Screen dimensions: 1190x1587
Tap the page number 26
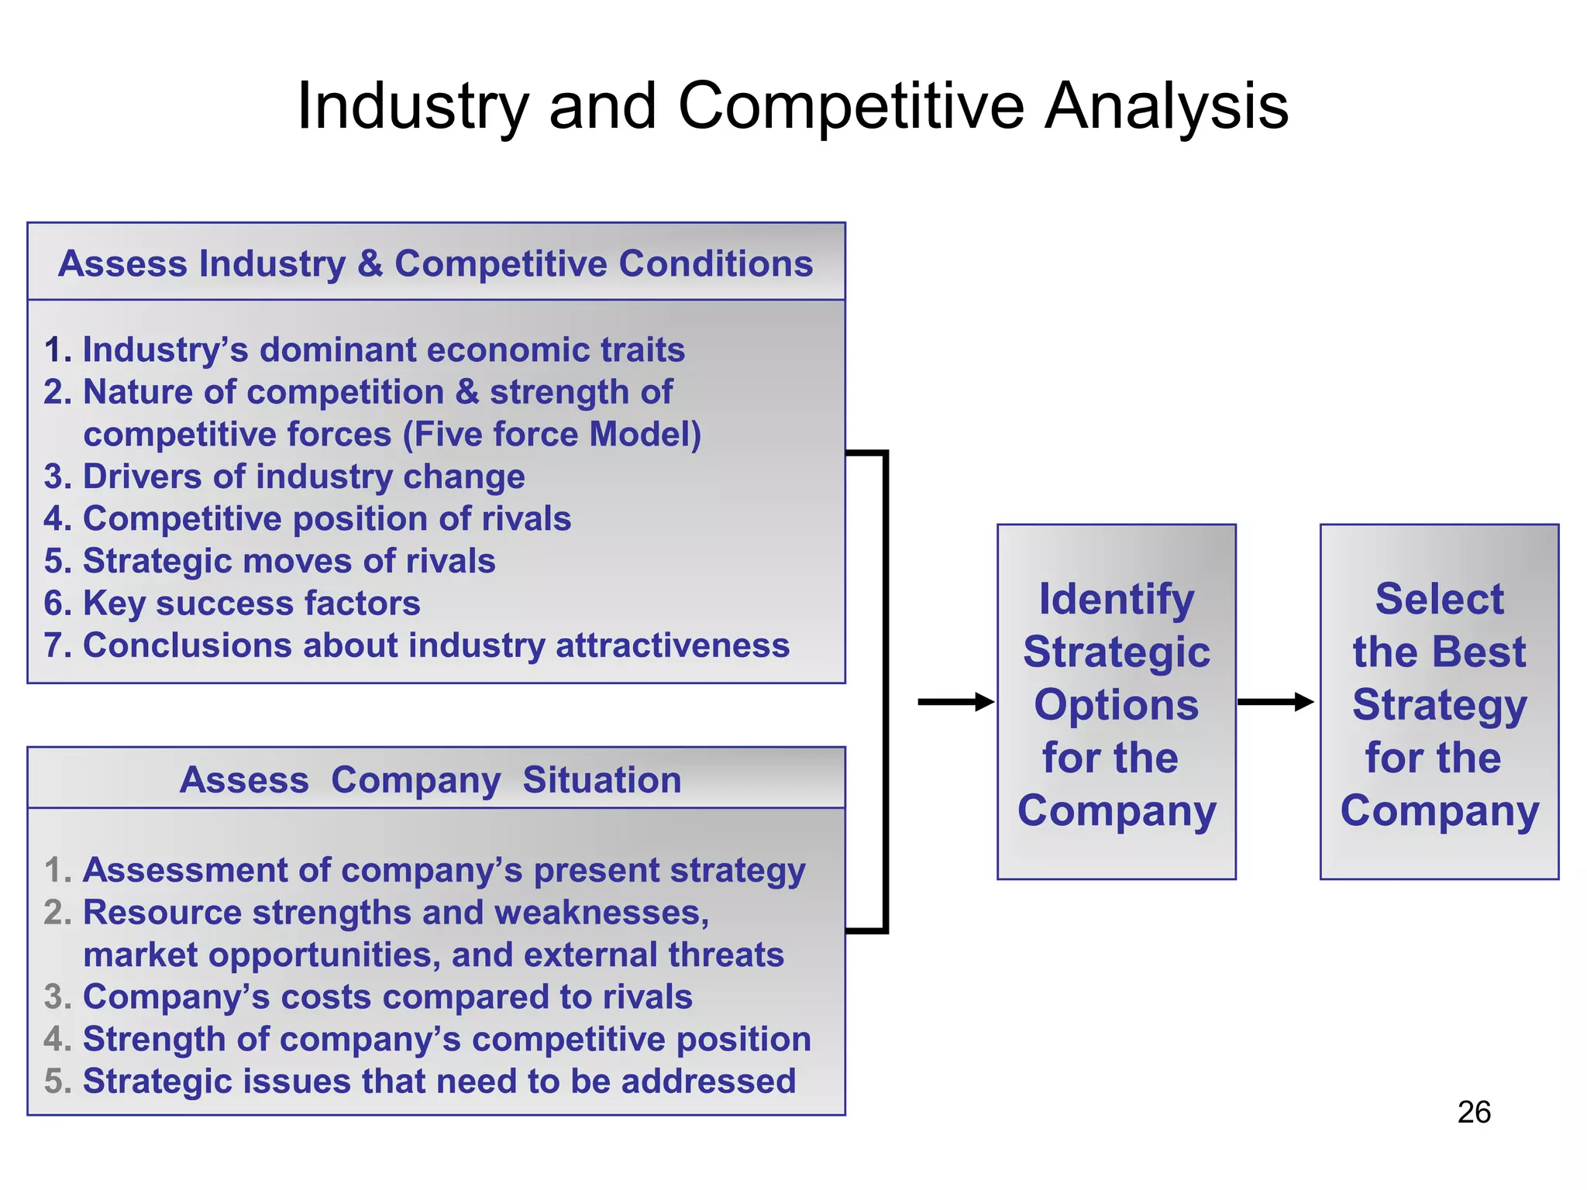coord(1473,1112)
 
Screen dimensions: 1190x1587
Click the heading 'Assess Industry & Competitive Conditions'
coord(435,263)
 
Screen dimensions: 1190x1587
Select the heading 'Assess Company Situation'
coord(430,779)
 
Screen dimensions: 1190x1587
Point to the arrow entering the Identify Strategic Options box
coord(955,702)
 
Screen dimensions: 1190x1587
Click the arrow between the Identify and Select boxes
coord(1275,702)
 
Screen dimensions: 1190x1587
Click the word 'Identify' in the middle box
coord(1117,599)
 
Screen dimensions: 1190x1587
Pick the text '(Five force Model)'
coord(552,434)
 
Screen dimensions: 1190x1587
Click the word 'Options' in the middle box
coord(1117,705)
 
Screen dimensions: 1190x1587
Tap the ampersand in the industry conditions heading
coord(370,263)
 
